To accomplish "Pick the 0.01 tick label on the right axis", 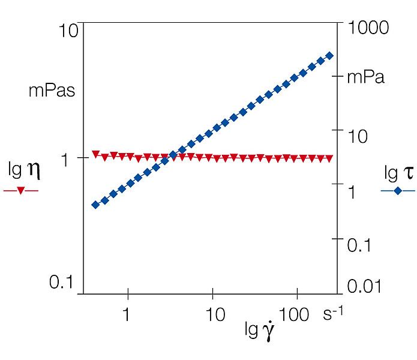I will point(365,286).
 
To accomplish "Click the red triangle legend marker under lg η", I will point(21,191).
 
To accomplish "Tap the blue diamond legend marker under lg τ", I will point(398,191).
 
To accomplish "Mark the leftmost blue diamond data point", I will point(95,205).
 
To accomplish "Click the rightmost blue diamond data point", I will point(329,56).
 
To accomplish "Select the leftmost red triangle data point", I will point(95,154).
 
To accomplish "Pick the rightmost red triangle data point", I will point(329,158).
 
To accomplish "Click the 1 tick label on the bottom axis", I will point(126,314).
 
